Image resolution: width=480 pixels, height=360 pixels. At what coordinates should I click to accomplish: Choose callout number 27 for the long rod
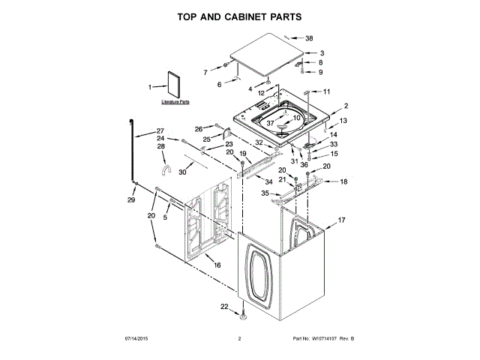pos(160,130)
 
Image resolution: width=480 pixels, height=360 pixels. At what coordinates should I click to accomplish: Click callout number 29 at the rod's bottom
pos(130,199)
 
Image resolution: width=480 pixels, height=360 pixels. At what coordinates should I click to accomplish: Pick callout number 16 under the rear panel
pos(217,265)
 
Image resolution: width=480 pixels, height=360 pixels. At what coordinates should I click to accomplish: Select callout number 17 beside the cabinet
pos(340,220)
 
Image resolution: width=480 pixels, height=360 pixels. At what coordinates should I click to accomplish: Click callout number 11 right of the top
pos(326,91)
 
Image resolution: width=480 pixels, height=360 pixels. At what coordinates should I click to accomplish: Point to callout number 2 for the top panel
pos(346,106)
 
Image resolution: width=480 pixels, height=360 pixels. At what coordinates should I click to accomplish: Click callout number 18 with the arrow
pos(343,181)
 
